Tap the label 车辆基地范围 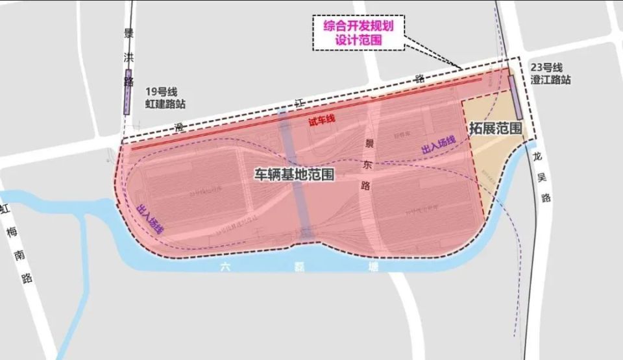(x=294, y=174)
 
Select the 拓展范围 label (x=496, y=128)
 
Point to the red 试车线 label (x=321, y=121)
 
